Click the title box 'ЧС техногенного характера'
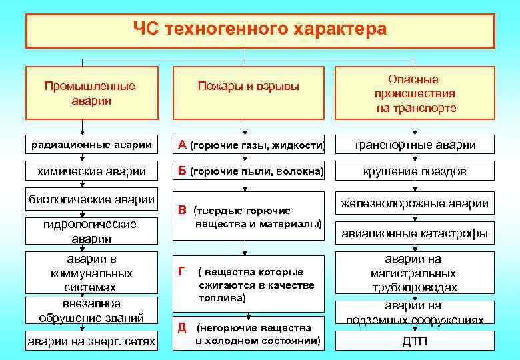pyautogui.click(x=260, y=30)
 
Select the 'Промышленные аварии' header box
pyautogui.click(x=89, y=93)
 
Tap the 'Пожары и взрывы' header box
pyautogui.click(x=248, y=87)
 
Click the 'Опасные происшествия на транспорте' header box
pyautogui.click(x=415, y=93)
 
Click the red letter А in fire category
pyautogui.click(x=181, y=145)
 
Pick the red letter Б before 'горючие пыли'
pyautogui.click(x=181, y=171)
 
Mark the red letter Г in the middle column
pyautogui.click(x=181, y=271)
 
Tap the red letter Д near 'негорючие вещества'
pyautogui.click(x=181, y=327)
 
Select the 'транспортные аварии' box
pyautogui.click(x=415, y=145)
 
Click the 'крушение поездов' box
pyautogui.click(x=415, y=171)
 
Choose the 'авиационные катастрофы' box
pyautogui.click(x=415, y=233)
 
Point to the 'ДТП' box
pyautogui.click(x=415, y=341)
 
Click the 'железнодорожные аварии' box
pyautogui.click(x=415, y=203)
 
